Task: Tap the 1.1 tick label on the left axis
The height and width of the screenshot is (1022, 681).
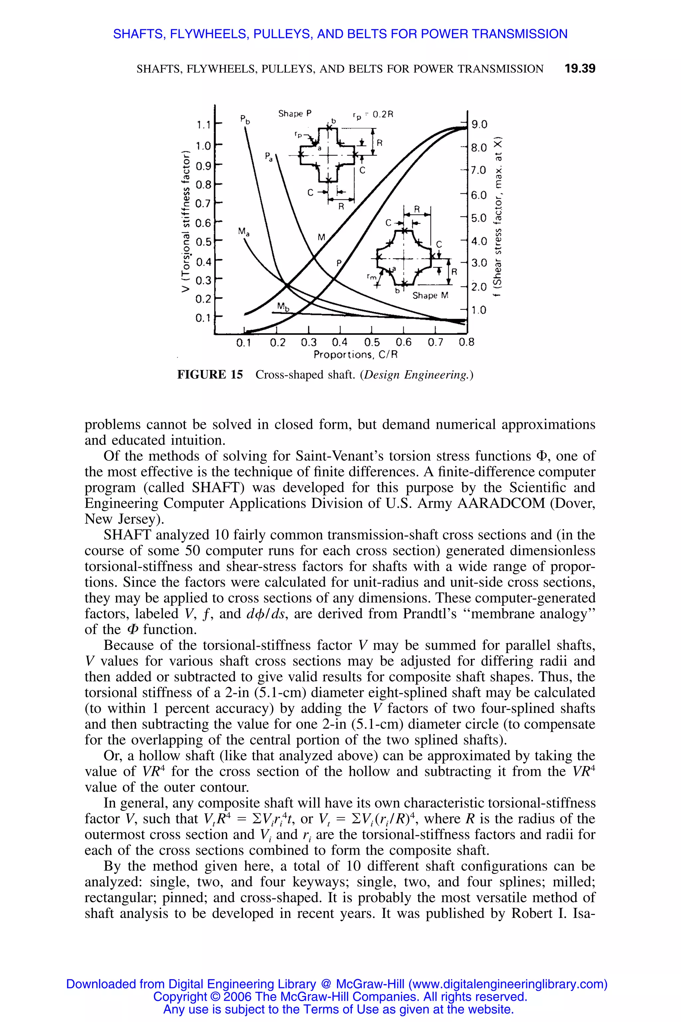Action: point(203,125)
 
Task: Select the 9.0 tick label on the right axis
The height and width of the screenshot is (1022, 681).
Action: point(479,125)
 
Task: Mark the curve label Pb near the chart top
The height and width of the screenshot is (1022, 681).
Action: point(245,119)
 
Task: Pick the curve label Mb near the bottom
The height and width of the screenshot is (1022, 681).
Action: point(283,307)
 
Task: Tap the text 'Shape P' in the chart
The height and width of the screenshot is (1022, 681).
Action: point(295,114)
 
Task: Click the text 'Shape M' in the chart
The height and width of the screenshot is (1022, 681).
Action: point(430,296)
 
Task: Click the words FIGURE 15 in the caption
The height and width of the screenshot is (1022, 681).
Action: point(210,375)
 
